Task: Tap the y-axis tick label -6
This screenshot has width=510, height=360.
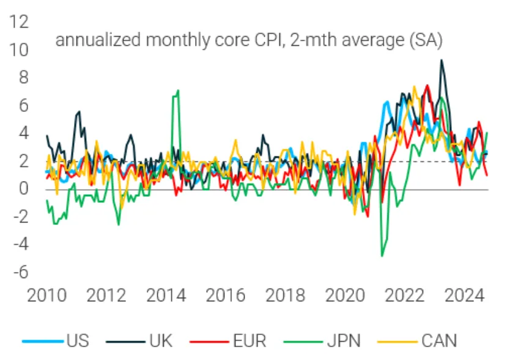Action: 18,273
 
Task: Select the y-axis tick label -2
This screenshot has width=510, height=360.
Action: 18,217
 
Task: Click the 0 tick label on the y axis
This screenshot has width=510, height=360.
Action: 23,189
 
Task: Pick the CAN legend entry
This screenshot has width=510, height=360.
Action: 438,340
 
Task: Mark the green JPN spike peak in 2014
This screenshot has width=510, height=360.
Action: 177,90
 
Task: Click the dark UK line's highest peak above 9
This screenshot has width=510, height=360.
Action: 442,60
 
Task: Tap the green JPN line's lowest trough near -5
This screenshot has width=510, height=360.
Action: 382,255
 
